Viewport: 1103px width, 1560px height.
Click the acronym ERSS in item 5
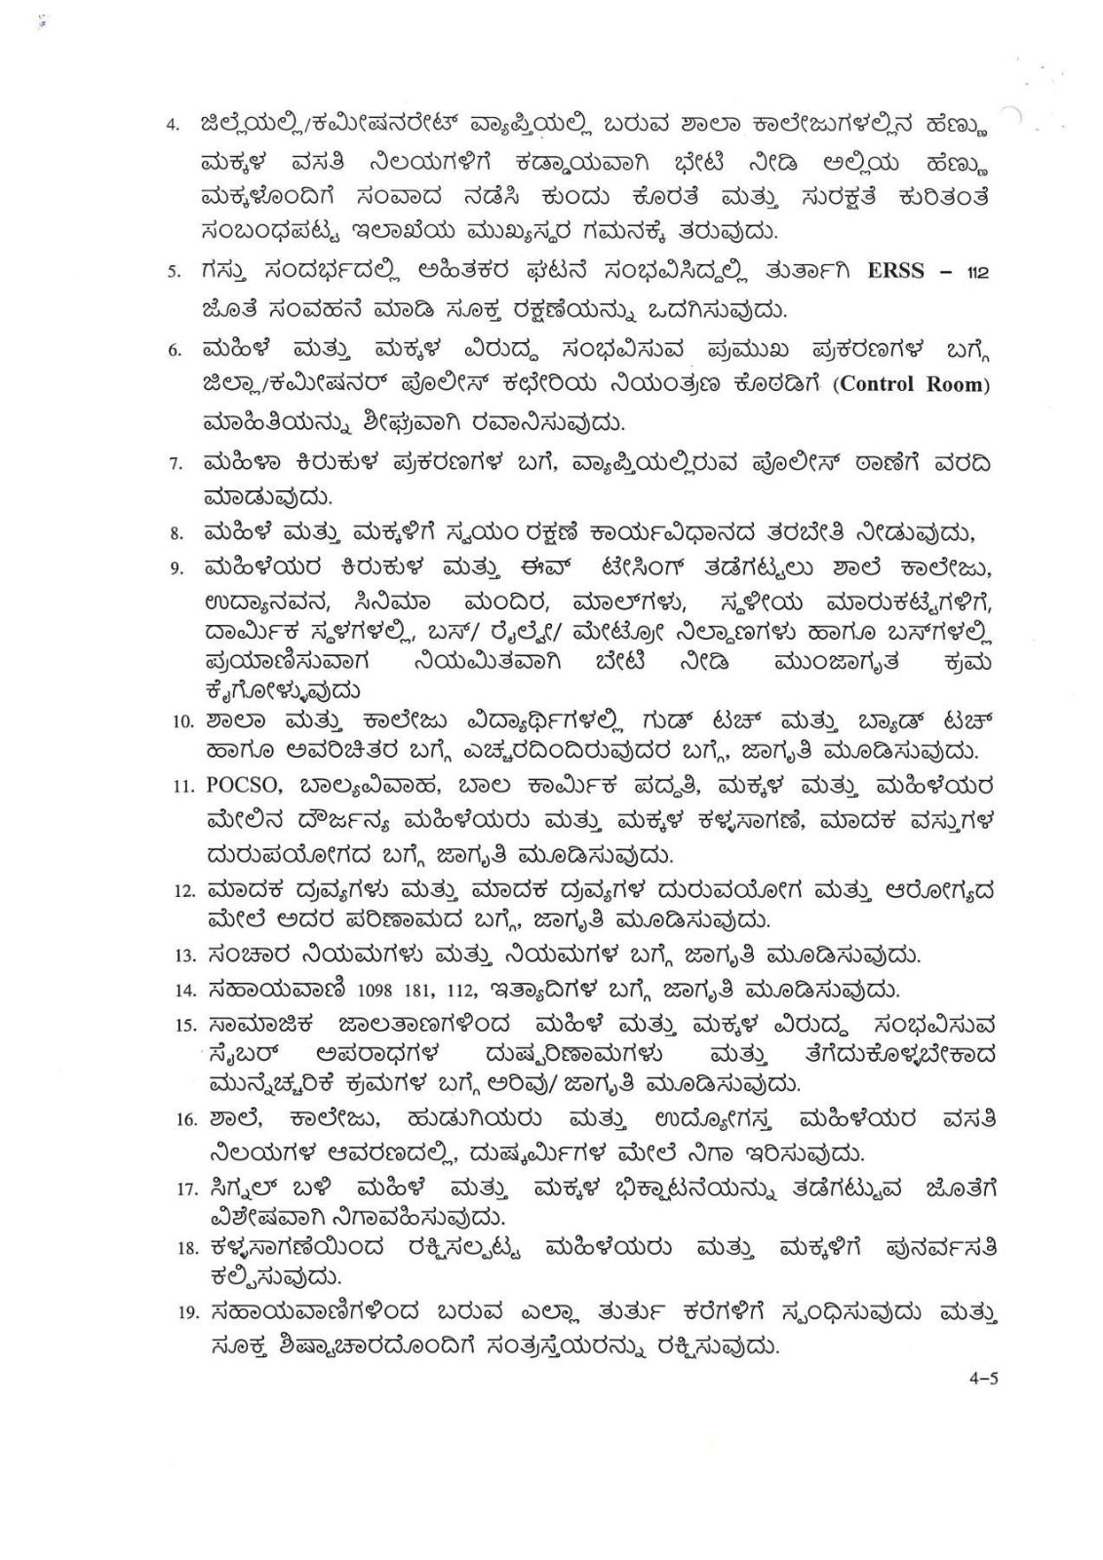(x=894, y=270)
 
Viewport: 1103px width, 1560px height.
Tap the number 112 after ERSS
(x=976, y=273)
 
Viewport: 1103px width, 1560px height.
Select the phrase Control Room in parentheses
(x=912, y=384)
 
